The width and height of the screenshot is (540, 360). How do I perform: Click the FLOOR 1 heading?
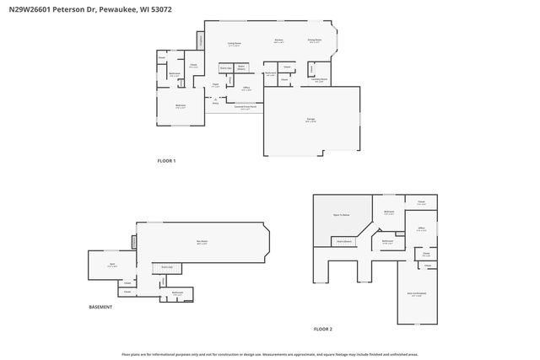tap(166, 160)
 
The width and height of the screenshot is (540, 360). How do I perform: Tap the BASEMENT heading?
tap(100, 307)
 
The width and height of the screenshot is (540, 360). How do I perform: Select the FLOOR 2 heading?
tap(323, 328)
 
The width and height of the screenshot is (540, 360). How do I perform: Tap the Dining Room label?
tap(313, 40)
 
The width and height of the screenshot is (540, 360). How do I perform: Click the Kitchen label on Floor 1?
tap(278, 40)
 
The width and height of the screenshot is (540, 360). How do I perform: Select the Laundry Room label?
tap(321, 81)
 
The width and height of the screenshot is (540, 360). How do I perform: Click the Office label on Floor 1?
tap(246, 88)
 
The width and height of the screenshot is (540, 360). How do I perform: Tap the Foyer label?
tap(216, 84)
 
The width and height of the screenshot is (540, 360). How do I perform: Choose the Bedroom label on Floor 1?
tap(181, 105)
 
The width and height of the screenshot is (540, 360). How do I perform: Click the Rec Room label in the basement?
tap(202, 242)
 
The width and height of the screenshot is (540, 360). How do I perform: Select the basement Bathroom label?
tap(177, 293)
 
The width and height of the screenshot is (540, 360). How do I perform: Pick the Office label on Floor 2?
tap(420, 228)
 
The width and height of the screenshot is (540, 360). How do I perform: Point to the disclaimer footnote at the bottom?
tap(270, 354)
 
